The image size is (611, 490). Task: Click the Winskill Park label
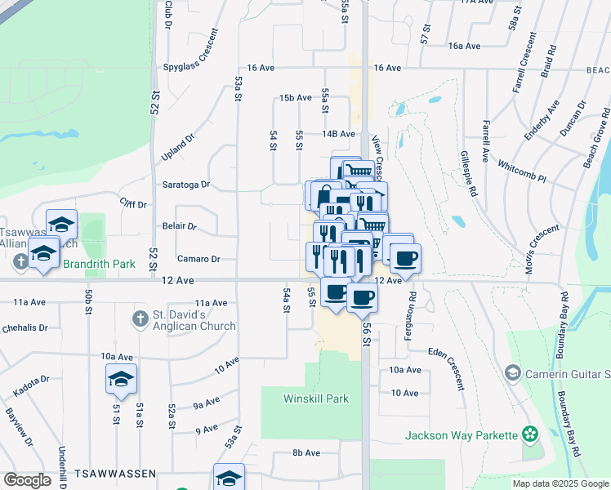[316, 399]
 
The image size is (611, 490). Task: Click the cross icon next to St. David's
[139, 318]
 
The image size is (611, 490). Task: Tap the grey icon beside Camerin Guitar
[512, 373]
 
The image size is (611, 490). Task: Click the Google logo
[27, 480]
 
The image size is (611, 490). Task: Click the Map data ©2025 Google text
[560, 483]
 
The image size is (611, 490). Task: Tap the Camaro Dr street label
[198, 259]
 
